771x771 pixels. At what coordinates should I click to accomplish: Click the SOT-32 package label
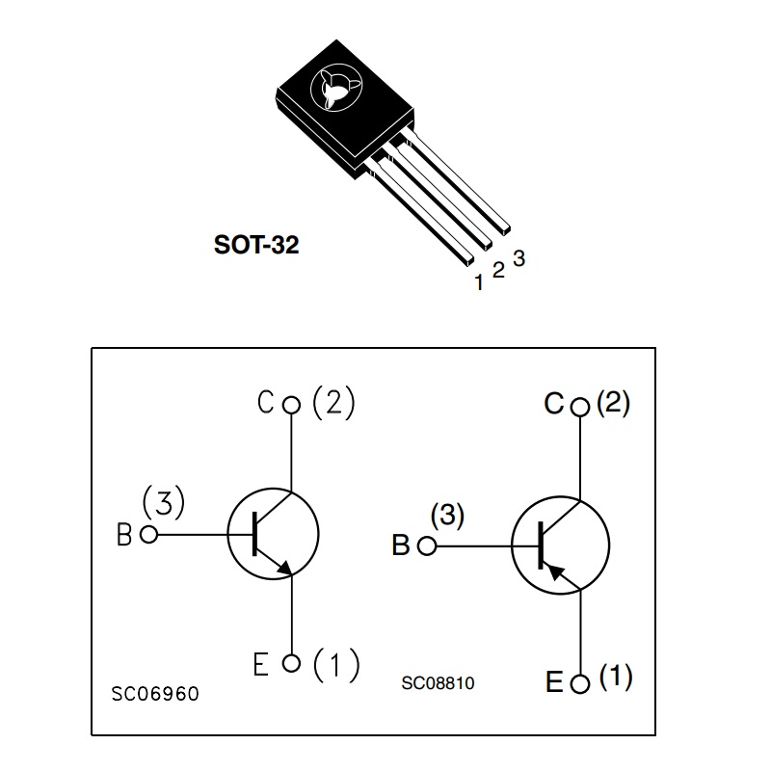tap(256, 245)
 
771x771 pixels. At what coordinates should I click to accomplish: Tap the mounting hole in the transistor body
tap(332, 91)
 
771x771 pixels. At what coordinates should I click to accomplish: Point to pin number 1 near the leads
tap(478, 283)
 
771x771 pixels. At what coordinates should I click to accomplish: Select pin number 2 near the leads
tap(498, 270)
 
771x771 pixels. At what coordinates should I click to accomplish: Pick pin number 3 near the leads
tap(518, 258)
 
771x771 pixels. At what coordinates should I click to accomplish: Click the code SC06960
tap(155, 694)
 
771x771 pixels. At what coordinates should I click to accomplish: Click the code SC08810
tap(438, 683)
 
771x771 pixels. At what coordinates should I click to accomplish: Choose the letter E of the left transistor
tap(261, 665)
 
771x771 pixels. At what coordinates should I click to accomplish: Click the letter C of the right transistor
tap(553, 405)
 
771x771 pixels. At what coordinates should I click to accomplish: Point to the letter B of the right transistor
tap(401, 546)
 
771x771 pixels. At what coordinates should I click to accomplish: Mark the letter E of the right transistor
tap(554, 683)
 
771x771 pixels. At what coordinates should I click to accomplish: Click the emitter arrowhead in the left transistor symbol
tap(284, 569)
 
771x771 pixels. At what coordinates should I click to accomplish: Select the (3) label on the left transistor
tap(163, 503)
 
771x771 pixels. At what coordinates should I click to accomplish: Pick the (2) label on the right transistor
tap(613, 403)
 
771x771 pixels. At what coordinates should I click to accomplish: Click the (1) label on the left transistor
tap(337, 664)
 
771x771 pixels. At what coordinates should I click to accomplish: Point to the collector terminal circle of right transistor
tap(579, 408)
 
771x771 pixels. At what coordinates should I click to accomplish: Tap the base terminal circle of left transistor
tap(148, 535)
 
